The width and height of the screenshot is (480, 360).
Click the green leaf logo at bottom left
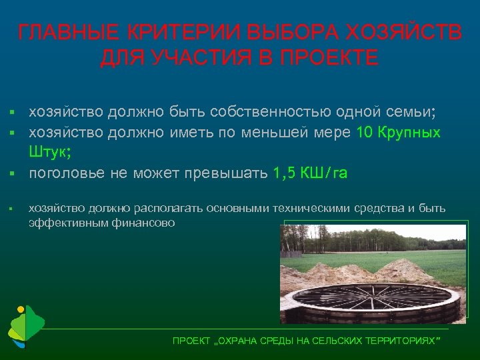[x=25, y=327]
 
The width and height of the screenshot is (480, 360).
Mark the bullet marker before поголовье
[x=13, y=174]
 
